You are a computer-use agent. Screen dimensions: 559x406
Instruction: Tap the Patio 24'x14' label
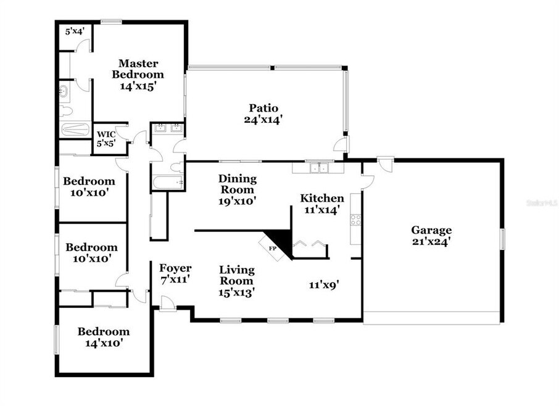click(263, 114)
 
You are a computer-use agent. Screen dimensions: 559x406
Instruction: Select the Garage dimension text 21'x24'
click(431, 242)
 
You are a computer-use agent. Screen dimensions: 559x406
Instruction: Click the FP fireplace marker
click(272, 249)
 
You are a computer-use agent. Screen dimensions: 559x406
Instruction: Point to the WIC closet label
click(106, 135)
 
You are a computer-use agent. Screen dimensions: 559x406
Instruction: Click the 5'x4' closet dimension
click(75, 31)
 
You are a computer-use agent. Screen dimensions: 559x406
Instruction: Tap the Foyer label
click(175, 268)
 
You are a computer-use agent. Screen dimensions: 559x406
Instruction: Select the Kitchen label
click(322, 198)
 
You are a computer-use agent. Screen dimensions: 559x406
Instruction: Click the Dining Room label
click(238, 184)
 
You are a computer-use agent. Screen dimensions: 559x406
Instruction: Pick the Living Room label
click(237, 275)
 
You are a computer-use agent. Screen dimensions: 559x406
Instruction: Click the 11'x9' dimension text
click(324, 285)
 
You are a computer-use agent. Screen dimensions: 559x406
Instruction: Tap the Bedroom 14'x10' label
click(104, 338)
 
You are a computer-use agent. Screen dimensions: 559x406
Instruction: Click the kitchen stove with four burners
click(355, 220)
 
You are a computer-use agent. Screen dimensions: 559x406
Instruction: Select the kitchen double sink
click(318, 168)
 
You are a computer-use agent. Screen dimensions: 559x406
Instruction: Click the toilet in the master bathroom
click(66, 111)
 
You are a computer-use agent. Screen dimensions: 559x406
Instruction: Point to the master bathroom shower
click(75, 130)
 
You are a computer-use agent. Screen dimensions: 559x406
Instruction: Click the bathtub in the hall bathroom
click(168, 183)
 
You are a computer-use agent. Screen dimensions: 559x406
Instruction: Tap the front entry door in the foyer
click(168, 304)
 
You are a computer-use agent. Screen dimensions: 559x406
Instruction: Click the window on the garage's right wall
click(503, 239)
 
